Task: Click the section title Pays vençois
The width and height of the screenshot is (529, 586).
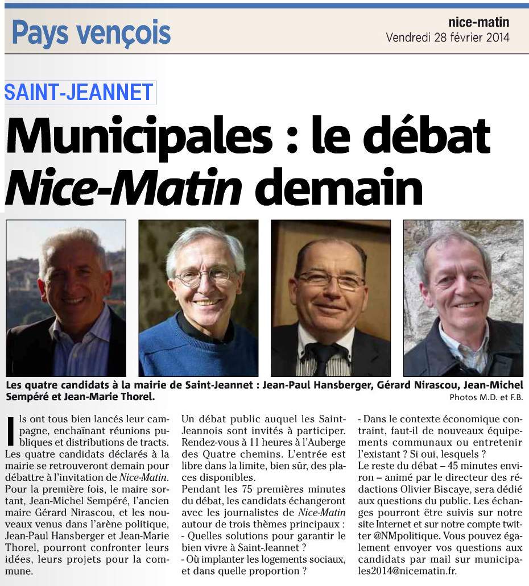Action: [x=91, y=33]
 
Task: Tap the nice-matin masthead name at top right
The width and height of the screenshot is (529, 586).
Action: [x=478, y=23]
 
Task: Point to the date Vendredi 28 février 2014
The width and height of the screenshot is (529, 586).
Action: [x=447, y=38]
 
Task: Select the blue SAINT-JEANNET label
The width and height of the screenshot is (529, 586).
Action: [x=79, y=92]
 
